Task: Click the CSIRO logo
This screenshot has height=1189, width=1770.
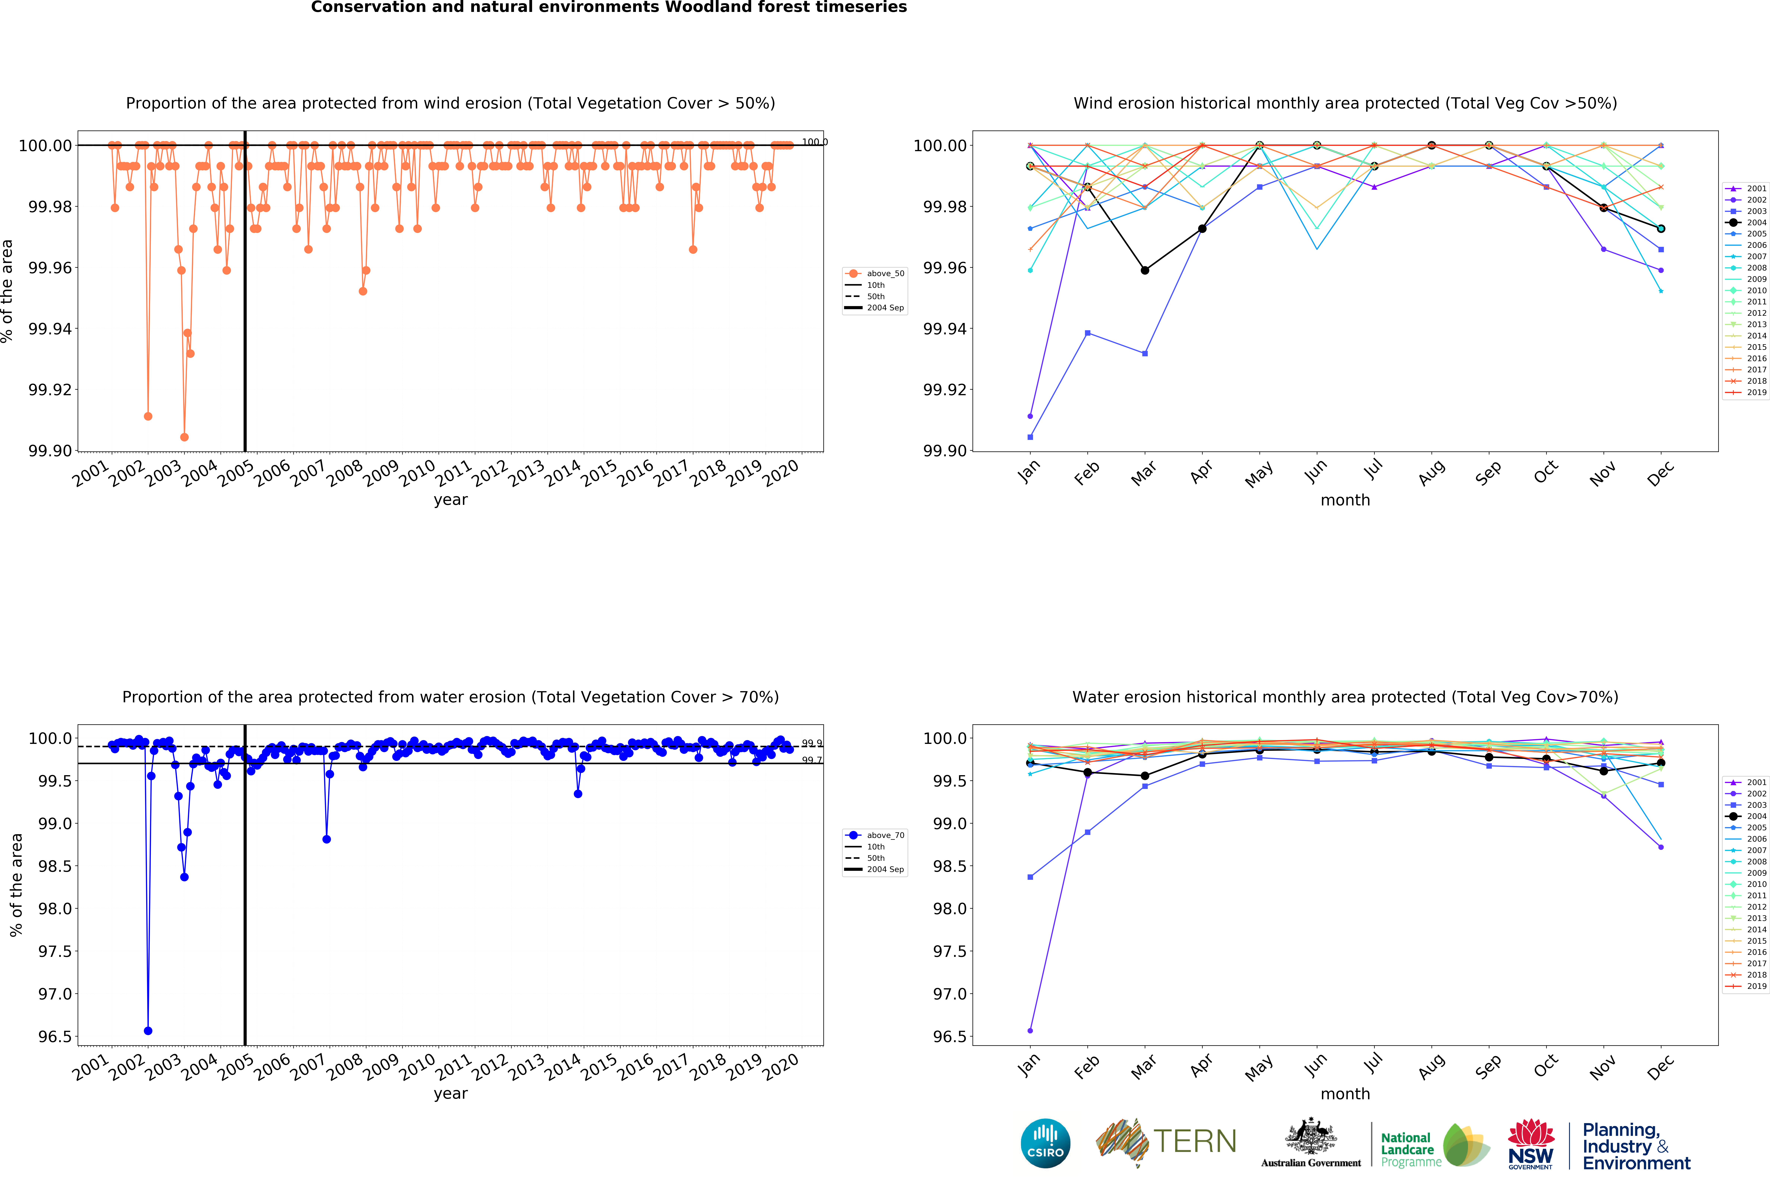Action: [x=1045, y=1143]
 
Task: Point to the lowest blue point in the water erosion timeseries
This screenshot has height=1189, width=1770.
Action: [x=148, y=1031]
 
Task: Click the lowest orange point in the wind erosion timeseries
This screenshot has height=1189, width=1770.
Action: [x=184, y=437]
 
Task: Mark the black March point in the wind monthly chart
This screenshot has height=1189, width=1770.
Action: [x=1144, y=270]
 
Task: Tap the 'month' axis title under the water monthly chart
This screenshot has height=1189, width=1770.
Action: [x=1345, y=1094]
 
